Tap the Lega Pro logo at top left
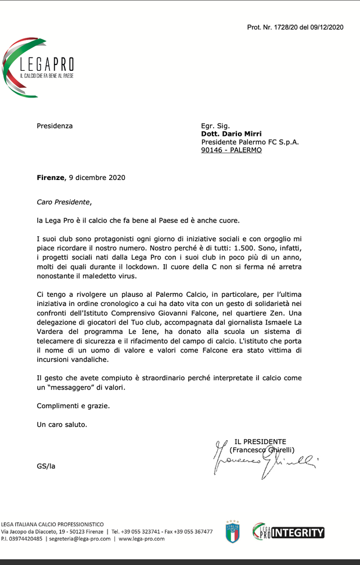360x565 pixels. (x=38, y=67)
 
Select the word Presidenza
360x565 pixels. (x=55, y=125)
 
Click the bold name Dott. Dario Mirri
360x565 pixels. (x=231, y=134)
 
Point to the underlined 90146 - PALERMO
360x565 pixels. (x=231, y=150)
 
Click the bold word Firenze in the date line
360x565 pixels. (x=51, y=178)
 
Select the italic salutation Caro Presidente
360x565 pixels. (x=64, y=202)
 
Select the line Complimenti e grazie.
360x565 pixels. (x=73, y=405)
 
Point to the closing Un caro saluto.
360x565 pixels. (x=62, y=424)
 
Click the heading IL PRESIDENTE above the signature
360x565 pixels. (x=260, y=441)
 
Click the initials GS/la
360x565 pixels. (x=46, y=466)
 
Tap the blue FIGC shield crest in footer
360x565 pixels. (x=232, y=531)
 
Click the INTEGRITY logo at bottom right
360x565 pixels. (x=289, y=531)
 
